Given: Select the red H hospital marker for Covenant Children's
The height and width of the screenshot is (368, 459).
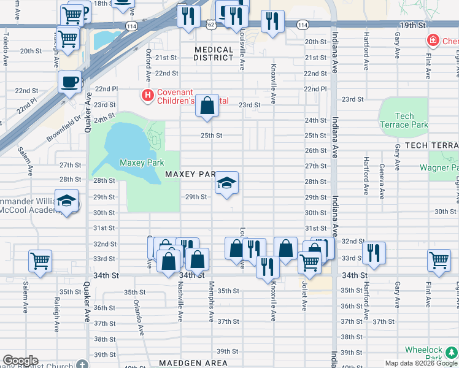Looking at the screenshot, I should (x=147, y=95).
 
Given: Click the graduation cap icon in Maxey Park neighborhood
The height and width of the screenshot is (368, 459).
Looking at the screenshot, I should (x=226, y=183).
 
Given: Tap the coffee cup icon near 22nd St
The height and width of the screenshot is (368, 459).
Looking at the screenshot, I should (x=70, y=81).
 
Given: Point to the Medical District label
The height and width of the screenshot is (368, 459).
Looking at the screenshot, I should (x=214, y=53).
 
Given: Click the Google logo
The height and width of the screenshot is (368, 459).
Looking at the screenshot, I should (x=20, y=361).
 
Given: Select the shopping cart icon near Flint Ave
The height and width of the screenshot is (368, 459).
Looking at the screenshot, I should (x=439, y=260).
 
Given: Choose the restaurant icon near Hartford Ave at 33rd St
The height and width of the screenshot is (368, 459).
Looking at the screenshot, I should (x=373, y=252).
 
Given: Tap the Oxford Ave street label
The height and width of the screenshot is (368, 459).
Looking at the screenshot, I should (x=148, y=66).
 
